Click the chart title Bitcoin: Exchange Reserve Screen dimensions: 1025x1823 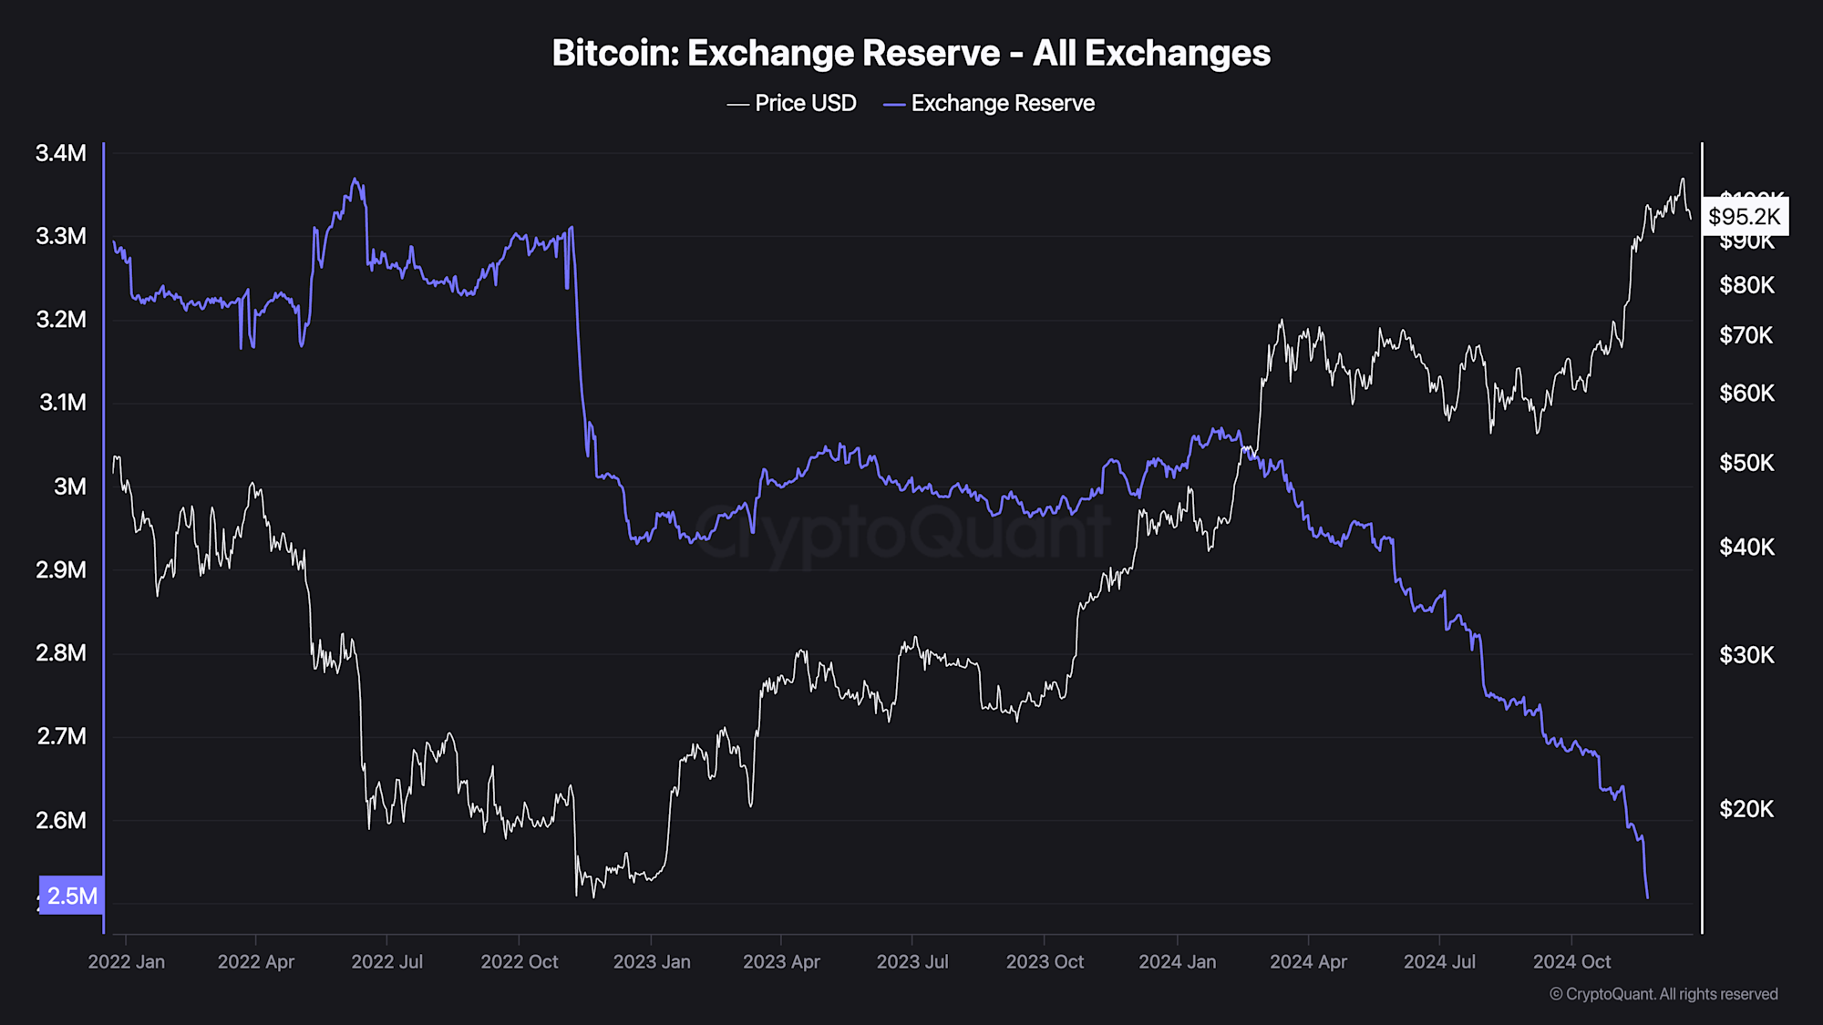point(911,53)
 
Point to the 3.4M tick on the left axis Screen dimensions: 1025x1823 point(61,153)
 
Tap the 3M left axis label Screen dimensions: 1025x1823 point(69,487)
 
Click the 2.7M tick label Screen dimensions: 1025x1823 point(61,736)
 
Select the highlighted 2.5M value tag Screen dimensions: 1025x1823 point(71,896)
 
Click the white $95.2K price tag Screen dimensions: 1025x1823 point(1744,217)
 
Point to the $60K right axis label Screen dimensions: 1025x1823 point(1746,394)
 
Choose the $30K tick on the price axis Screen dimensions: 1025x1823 point(1746,655)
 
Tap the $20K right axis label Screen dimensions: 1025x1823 point(1746,809)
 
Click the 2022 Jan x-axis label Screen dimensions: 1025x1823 point(126,962)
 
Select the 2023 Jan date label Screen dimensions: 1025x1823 point(652,962)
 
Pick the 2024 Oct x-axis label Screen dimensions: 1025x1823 point(1571,962)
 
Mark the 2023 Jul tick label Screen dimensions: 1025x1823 point(912,962)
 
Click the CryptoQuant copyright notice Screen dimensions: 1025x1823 point(1663,994)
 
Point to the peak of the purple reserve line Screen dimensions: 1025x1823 point(355,179)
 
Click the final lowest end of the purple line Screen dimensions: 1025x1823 point(1647,897)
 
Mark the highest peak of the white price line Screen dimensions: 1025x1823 point(1683,179)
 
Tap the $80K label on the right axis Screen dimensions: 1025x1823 point(1746,286)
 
